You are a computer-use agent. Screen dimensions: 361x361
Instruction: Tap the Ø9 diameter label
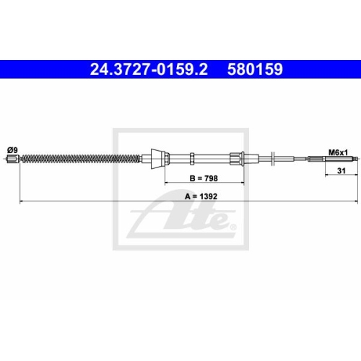point(12,149)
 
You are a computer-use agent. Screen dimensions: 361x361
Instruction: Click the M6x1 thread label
point(338,152)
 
